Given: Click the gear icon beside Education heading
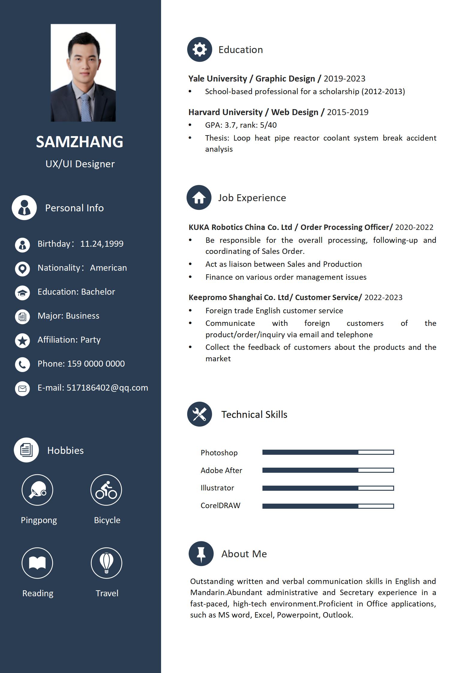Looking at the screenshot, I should pos(199,49).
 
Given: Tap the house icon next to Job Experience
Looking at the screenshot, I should pos(199,198).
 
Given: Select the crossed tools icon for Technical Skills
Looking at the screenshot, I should pos(199,414).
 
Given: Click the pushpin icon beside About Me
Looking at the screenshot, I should pos(201,554).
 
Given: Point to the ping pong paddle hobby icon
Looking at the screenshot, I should pos(37,490).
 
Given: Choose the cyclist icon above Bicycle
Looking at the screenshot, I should pos(106,490).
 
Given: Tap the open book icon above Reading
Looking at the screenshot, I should pos(37,563).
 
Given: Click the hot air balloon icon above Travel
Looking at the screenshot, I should pos(106,563).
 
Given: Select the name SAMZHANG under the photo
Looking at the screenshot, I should pos(80,141).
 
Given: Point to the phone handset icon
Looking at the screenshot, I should pos(22,364).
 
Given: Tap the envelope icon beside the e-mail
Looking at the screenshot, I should pos(22,389).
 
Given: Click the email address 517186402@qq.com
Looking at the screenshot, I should pos(107,388).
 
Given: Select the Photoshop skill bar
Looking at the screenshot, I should pos(328,452).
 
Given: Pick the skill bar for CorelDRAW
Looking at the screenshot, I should pos(328,506).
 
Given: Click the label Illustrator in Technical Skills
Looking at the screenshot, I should pos(217,488).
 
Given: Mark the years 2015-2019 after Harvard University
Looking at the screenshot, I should pos(348,112).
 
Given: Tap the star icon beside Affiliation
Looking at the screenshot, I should pos(22,341).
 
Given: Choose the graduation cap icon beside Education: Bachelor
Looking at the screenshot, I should pos(22,293).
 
